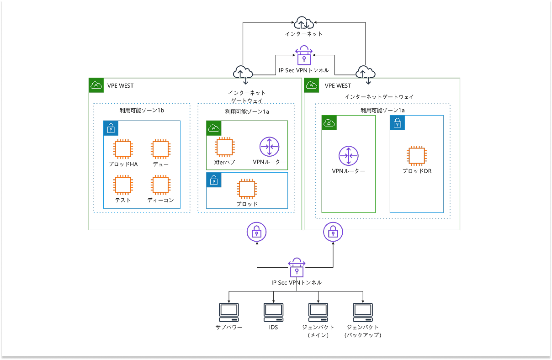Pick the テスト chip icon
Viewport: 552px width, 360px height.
pos(123,185)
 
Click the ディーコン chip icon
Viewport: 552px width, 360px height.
pos(160,185)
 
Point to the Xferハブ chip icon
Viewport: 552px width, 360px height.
pos(224,147)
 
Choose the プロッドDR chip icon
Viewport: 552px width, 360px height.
pos(417,156)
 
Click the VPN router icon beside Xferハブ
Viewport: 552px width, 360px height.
pos(269,147)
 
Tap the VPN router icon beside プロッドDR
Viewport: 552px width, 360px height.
pos(348,156)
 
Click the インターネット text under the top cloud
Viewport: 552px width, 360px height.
pos(303,34)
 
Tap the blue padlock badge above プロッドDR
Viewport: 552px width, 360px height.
pos(397,123)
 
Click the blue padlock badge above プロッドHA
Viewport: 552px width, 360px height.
pos(111,128)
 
